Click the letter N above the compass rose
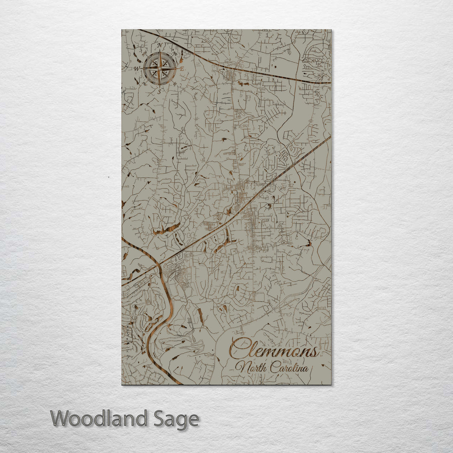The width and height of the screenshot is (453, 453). [x=160, y=45]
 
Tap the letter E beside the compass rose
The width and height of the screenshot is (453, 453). [x=182, y=68]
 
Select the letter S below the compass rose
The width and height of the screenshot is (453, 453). [x=159, y=91]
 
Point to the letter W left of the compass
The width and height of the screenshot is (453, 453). [x=137, y=68]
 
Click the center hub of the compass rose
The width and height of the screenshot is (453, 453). [x=159, y=68]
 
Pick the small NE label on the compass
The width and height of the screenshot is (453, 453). [x=175, y=52]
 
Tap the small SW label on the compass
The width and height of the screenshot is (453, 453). [x=145, y=83]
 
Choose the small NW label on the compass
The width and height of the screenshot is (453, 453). [x=144, y=52]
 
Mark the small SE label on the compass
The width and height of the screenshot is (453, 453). [x=175, y=83]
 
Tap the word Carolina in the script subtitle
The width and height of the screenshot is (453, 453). [x=289, y=368]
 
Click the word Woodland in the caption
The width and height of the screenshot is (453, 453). [x=99, y=419]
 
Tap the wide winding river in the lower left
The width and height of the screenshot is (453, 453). [x=168, y=310]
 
